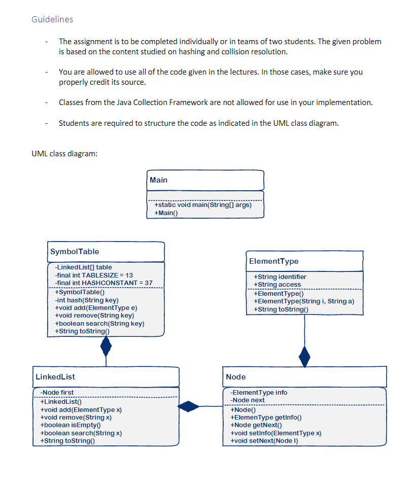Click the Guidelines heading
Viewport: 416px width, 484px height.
[x=52, y=19]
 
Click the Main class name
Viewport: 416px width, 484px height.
[x=159, y=180]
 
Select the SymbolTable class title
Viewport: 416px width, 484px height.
[x=75, y=252]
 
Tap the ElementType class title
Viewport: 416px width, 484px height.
[x=274, y=261]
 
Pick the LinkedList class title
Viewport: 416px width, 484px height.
[x=55, y=377]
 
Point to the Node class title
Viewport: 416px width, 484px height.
[x=236, y=377]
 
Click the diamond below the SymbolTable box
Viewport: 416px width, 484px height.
[x=106, y=347]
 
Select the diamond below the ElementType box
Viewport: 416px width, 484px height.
[x=304, y=356]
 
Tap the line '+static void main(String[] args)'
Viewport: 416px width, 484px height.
[x=202, y=205]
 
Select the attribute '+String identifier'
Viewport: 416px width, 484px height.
[x=280, y=276]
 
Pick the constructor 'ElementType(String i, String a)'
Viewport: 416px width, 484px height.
[x=304, y=301]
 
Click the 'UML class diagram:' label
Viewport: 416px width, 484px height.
[x=64, y=154]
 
